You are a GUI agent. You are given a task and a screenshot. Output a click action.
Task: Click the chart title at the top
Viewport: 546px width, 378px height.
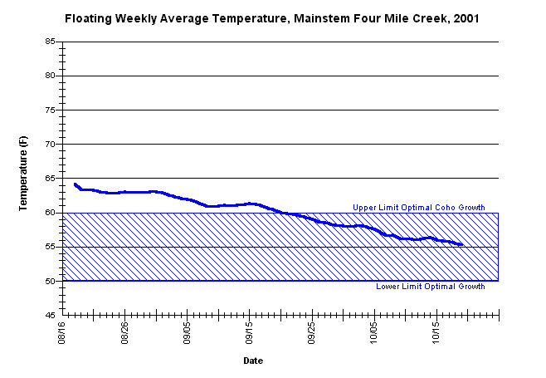pyautogui.click(x=272, y=18)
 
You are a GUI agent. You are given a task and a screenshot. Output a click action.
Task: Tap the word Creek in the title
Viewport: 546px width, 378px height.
pyautogui.click(x=431, y=18)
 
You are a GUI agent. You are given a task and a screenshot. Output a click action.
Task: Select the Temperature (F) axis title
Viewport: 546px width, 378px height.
pyautogui.click(x=23, y=174)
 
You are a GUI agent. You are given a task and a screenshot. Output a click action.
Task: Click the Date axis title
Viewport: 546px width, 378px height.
pyautogui.click(x=253, y=361)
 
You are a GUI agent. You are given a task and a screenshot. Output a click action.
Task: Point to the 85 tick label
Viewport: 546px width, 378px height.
pyautogui.click(x=50, y=42)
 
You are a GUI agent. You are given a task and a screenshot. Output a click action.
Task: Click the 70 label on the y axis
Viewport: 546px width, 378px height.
pyautogui.click(x=50, y=144)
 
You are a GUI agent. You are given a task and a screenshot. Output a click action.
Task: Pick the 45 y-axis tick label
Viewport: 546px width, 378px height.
pyautogui.click(x=50, y=315)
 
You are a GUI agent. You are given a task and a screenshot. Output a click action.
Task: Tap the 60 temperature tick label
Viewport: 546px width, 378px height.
pyautogui.click(x=50, y=213)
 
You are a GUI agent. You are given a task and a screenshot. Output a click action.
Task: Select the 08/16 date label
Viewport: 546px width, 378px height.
pyautogui.click(x=62, y=333)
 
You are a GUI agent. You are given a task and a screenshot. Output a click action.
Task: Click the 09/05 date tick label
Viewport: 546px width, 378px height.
pyautogui.click(x=187, y=333)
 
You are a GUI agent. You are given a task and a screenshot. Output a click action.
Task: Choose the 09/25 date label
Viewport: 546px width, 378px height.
pyautogui.click(x=312, y=333)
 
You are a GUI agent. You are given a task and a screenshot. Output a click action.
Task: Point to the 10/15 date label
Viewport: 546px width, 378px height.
pyautogui.click(x=436, y=333)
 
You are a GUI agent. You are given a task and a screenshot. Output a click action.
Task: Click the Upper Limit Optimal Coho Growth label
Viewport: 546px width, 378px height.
pyautogui.click(x=419, y=208)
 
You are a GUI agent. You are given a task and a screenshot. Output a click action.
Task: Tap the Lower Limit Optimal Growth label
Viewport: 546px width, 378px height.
pyautogui.click(x=431, y=287)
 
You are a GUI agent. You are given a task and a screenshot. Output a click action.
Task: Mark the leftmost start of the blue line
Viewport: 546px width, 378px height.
pyautogui.click(x=75, y=184)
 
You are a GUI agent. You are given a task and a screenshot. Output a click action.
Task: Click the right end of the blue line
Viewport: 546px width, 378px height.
pyautogui.click(x=462, y=244)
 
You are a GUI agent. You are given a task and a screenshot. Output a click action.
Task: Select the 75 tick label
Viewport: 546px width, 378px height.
pyautogui.click(x=50, y=110)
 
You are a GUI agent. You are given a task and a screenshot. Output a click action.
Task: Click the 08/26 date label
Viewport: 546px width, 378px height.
pyautogui.click(x=124, y=333)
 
